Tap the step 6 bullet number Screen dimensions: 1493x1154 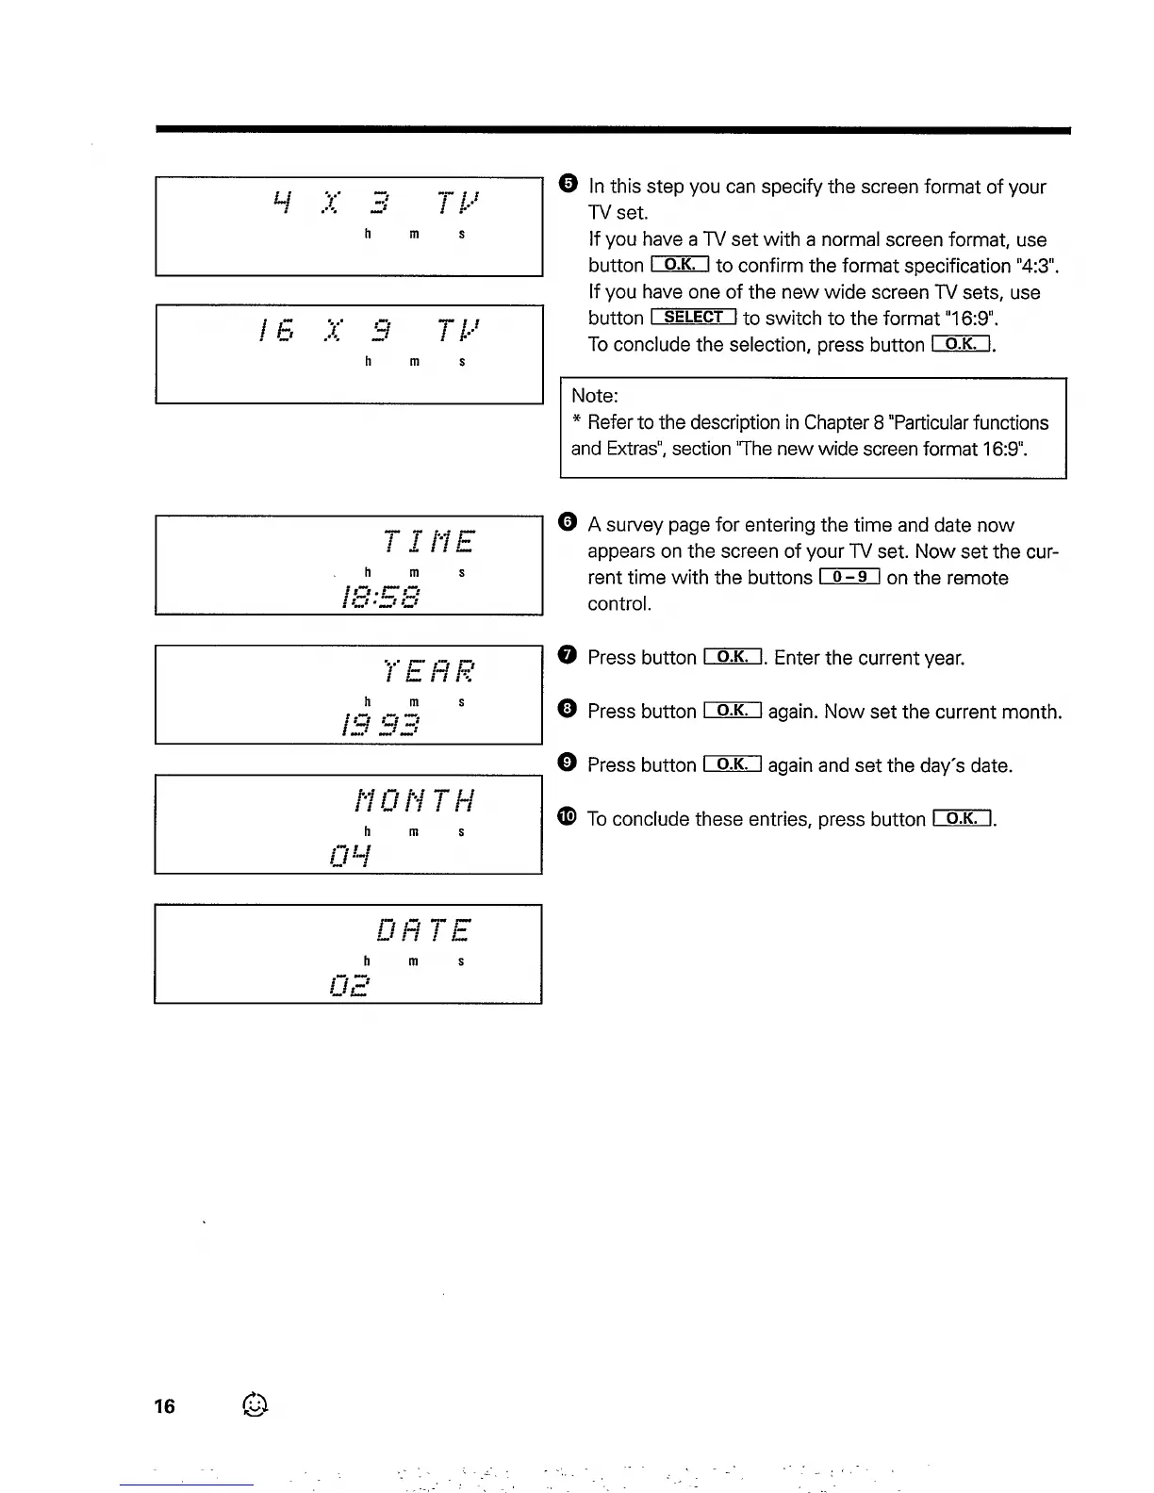[x=567, y=521]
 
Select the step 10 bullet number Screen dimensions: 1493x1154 [x=567, y=817]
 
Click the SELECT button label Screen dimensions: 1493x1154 [x=693, y=318]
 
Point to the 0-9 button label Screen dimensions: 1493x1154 [x=849, y=577]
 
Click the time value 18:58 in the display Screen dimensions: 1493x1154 [x=381, y=597]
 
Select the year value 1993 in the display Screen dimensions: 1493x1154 [x=381, y=726]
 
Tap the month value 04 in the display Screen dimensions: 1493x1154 [x=351, y=856]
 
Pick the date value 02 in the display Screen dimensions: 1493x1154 [x=350, y=986]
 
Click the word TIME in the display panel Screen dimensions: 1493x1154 [x=429, y=542]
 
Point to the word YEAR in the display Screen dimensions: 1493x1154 [x=429, y=671]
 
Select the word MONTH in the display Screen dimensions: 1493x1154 [x=415, y=801]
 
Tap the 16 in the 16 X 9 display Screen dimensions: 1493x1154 [x=277, y=331]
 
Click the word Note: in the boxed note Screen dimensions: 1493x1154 [x=595, y=396]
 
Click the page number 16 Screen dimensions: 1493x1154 [x=164, y=1406]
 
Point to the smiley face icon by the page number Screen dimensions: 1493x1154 [x=255, y=1405]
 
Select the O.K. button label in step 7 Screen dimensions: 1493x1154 [x=732, y=657]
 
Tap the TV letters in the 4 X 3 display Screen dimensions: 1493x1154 [x=458, y=203]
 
